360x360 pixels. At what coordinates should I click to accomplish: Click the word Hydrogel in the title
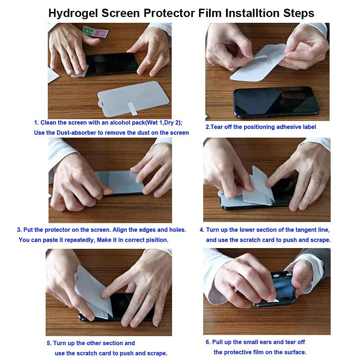pyautogui.click(x=73, y=13)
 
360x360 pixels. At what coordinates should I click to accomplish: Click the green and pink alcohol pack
pyautogui.click(x=95, y=32)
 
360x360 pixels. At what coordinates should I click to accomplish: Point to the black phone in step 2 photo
pyautogui.click(x=276, y=102)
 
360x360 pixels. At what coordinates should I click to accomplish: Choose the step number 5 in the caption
pyautogui.click(x=49, y=343)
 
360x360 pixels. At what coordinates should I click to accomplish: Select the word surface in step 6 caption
pyautogui.click(x=295, y=352)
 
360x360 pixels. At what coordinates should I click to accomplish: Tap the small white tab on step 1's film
pyautogui.click(x=133, y=109)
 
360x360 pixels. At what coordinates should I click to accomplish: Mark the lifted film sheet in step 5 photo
pyautogui.click(x=93, y=292)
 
